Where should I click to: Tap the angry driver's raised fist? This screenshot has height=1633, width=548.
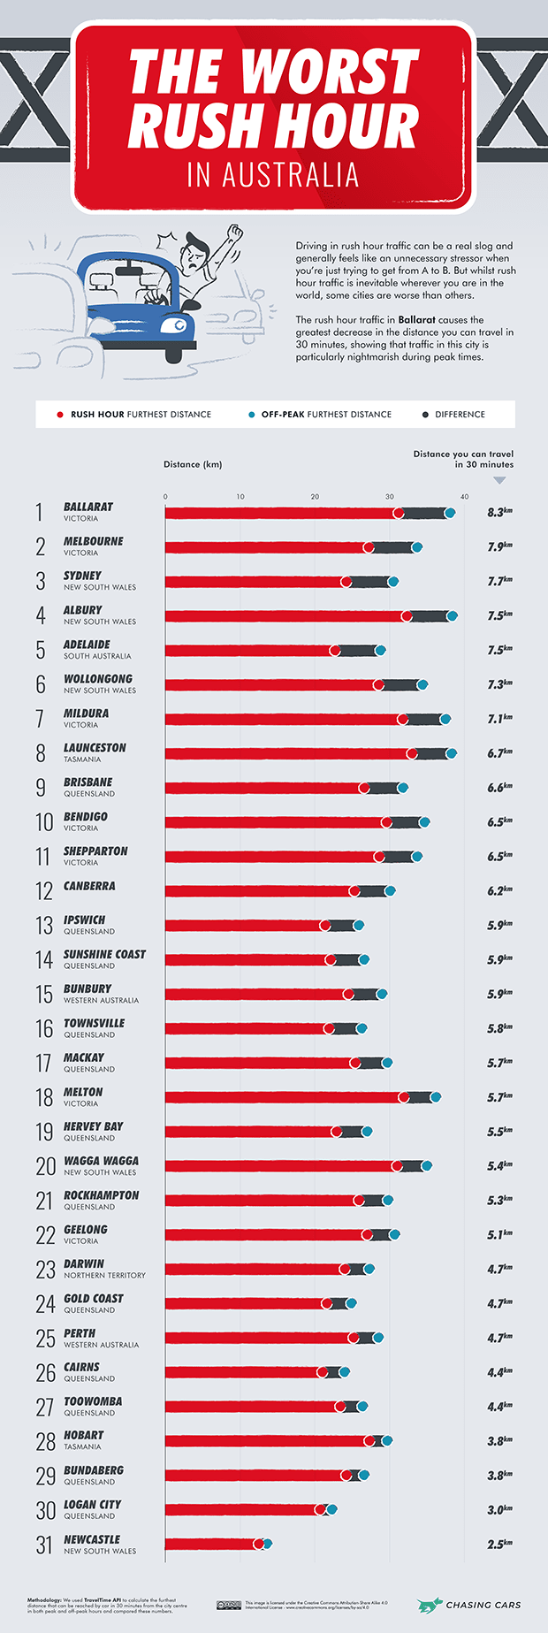(x=234, y=233)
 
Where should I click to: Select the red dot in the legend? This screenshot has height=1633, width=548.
(x=60, y=414)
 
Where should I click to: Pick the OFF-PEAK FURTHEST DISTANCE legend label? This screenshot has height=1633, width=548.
(x=326, y=414)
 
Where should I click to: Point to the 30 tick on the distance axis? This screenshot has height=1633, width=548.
(x=390, y=497)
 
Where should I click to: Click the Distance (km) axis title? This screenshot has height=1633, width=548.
(x=193, y=464)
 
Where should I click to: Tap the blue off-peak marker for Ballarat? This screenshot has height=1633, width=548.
(x=450, y=513)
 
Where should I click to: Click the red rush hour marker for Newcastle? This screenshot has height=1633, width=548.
(x=258, y=1544)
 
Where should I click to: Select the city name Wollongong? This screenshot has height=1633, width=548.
(x=98, y=679)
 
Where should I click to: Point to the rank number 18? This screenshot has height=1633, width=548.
(x=44, y=1097)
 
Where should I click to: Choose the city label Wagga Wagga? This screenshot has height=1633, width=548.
(x=101, y=1161)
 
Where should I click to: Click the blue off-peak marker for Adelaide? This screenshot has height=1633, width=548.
(x=380, y=651)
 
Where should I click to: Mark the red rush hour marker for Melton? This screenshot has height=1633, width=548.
(x=404, y=1097)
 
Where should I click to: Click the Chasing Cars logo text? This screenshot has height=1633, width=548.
(x=483, y=1605)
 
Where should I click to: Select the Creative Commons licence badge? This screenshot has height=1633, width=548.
(x=229, y=1605)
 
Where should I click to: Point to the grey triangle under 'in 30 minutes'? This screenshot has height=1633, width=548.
(x=499, y=480)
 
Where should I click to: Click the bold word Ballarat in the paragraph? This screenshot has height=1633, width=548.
(x=416, y=320)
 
